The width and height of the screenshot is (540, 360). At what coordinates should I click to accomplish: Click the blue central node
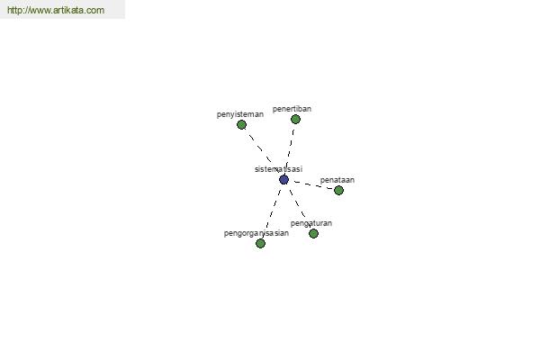click(x=283, y=179)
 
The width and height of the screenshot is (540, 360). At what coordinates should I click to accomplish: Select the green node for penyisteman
click(x=242, y=125)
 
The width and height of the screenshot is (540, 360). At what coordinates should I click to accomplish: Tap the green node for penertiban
click(x=295, y=119)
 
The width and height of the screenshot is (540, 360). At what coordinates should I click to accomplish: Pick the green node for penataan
click(x=339, y=190)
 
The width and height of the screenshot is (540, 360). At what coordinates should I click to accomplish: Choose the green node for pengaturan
click(x=313, y=234)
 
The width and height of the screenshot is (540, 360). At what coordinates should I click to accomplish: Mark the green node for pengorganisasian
click(x=261, y=244)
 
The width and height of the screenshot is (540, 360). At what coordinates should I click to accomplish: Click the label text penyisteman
click(x=240, y=114)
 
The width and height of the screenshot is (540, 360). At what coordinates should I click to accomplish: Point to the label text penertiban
click(x=292, y=109)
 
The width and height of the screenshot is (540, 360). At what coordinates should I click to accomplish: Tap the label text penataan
click(x=337, y=180)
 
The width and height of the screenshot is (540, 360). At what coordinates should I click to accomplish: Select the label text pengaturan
click(x=311, y=223)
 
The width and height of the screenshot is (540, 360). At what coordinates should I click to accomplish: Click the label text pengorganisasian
click(x=256, y=234)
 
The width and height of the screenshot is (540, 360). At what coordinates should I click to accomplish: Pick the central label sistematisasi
click(x=279, y=169)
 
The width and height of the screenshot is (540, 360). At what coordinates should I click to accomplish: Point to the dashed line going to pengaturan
click(x=299, y=207)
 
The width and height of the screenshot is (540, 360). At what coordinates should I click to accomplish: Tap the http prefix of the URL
click(x=13, y=10)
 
